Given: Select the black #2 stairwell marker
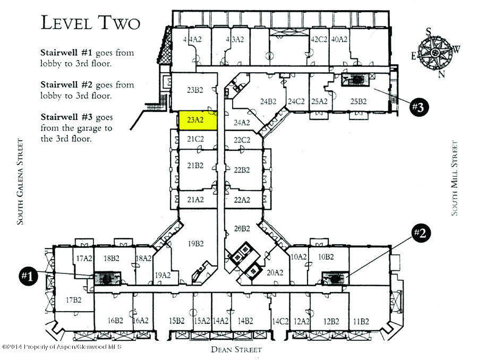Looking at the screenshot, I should tap(420, 234).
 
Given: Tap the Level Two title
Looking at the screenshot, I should tap(90, 23).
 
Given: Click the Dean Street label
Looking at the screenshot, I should tap(236, 349).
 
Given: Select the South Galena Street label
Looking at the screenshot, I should tap(20, 182).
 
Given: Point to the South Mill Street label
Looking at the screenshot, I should tap(455, 178).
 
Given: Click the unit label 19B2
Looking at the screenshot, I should tap(195, 245).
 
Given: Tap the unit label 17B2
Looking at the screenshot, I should tap(73, 301).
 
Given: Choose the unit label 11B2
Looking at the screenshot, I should tap(361, 321).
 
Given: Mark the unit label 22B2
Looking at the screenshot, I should tap(242, 170).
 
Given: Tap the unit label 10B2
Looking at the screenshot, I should tap(326, 257).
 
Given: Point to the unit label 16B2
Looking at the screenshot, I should tap(115, 321).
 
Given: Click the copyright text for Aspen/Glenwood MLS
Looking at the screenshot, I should tap(62, 347).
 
